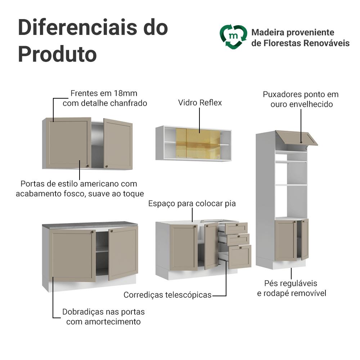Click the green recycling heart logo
pyautogui.click(x=233, y=37)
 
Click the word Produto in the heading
pyautogui.click(x=57, y=54)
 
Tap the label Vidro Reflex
pyautogui.click(x=200, y=103)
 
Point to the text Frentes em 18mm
pyautogui.click(x=104, y=94)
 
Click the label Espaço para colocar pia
pyautogui.click(x=192, y=204)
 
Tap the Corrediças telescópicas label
pyautogui.click(x=167, y=295)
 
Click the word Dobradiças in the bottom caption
pyautogui.click(x=82, y=312)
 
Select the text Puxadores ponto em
pyautogui.click(x=301, y=95)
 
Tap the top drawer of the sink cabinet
pyautogui.click(x=236, y=228)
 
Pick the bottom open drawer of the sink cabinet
pyautogui.click(x=240, y=256)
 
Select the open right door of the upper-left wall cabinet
pyautogui.click(x=118, y=144)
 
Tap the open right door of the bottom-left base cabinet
pyautogui.click(x=123, y=252)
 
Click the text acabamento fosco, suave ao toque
pyautogui.click(x=80, y=194)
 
